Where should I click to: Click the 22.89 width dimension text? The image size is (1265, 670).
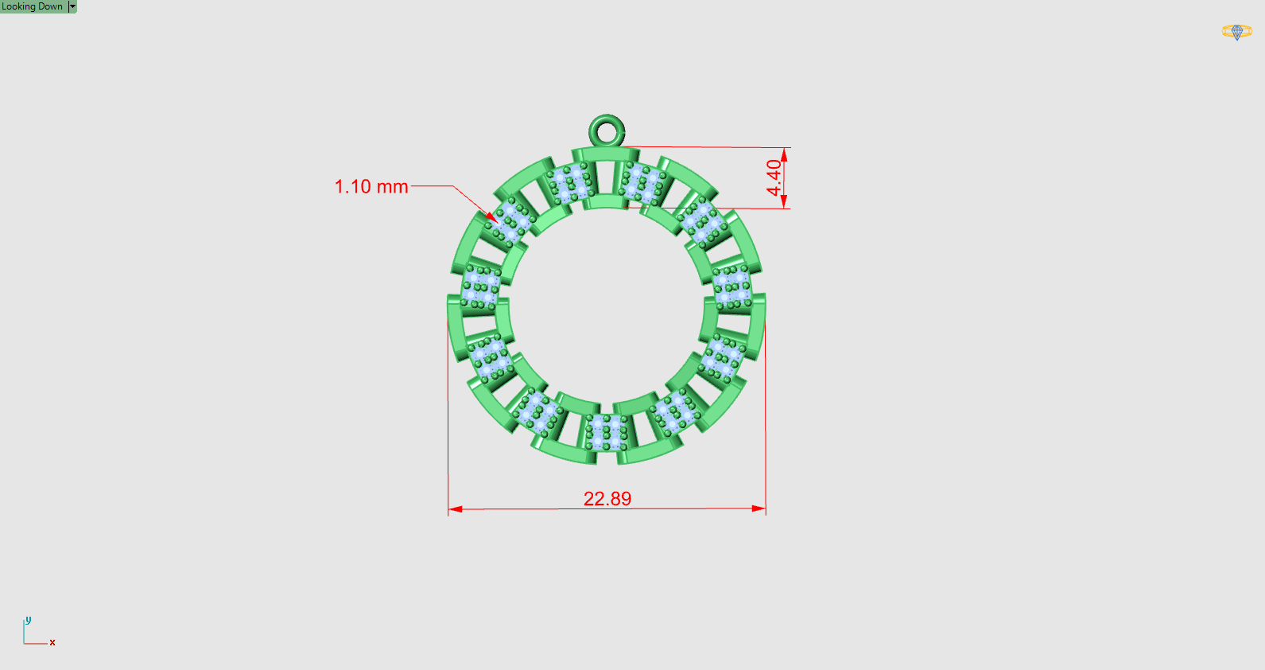point(607,499)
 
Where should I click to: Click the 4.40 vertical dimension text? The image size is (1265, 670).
point(774,177)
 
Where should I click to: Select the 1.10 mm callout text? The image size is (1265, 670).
point(371,187)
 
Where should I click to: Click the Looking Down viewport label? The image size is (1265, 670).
point(33,6)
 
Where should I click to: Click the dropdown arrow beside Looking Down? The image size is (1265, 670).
point(72,6)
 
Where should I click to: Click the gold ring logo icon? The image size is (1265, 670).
point(1236,32)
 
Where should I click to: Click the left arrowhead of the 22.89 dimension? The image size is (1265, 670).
point(455,508)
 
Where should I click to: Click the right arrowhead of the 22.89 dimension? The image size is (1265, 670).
point(759,508)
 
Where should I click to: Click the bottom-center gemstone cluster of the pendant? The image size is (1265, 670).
point(607,434)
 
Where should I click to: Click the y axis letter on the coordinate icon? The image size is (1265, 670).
point(28,620)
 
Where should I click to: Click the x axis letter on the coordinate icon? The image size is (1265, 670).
point(52,642)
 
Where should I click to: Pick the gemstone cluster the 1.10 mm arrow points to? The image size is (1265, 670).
point(510,222)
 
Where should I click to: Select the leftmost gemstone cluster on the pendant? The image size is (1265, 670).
point(480,286)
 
